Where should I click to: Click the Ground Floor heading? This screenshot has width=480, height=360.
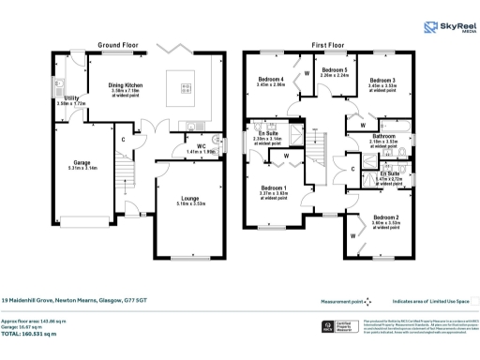click(x=119, y=45)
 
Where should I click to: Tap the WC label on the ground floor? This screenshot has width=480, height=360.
click(x=201, y=145)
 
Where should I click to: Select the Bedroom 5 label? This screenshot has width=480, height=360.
click(x=334, y=71)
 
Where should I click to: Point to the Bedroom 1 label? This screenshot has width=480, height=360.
click(x=272, y=188)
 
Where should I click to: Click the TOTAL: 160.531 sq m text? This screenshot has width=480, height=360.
click(x=41, y=333)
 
